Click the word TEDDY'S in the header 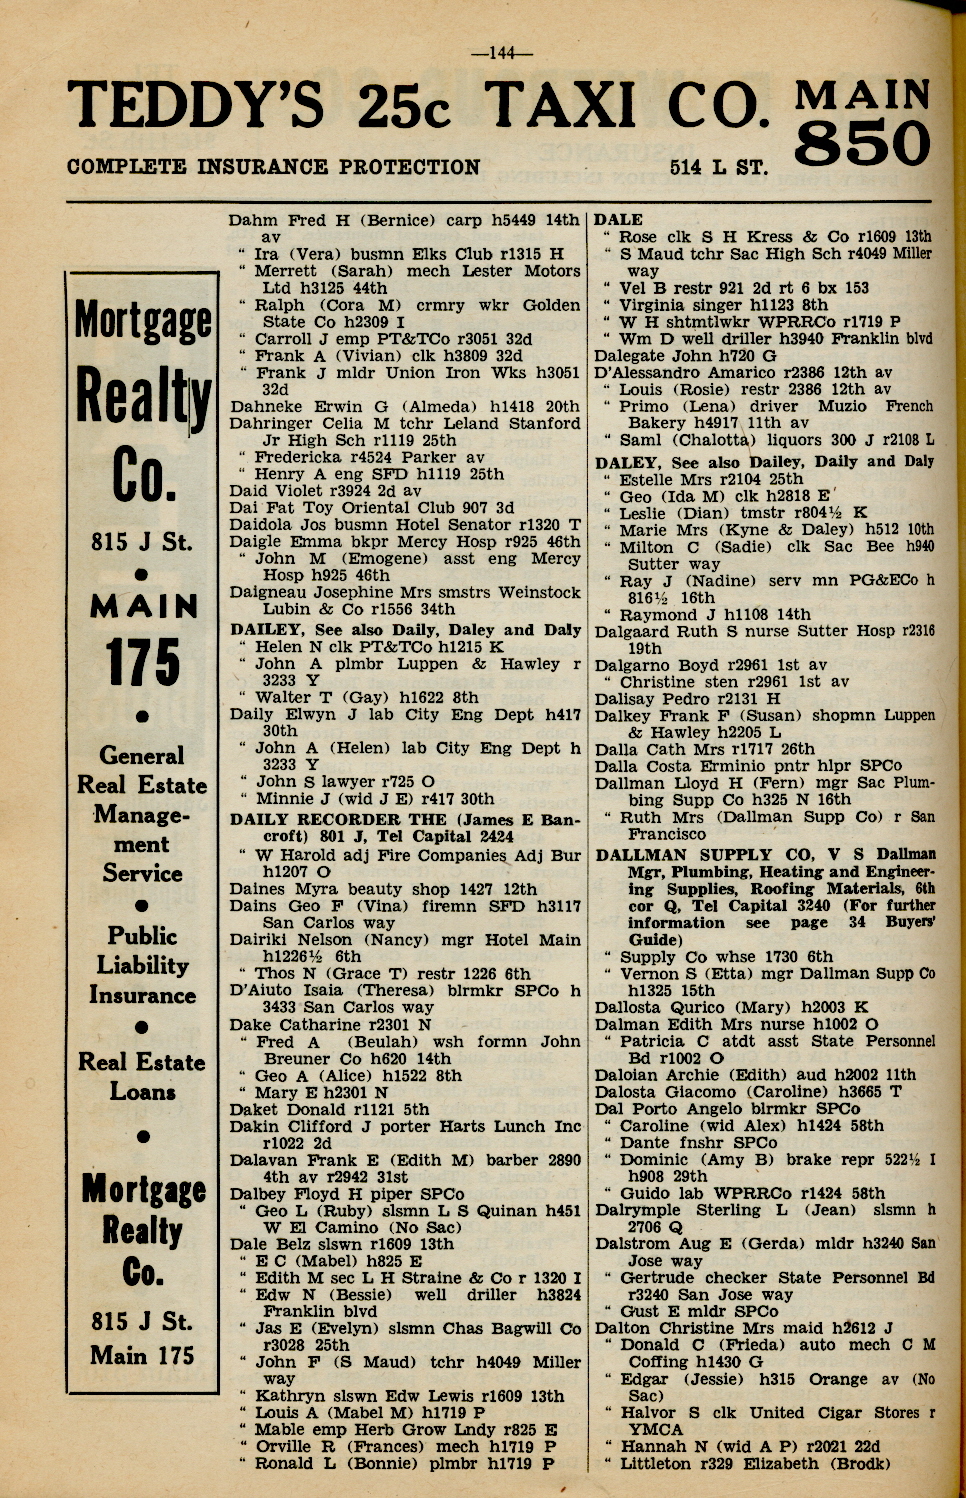196,106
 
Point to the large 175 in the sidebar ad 143,662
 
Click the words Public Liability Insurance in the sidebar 142,965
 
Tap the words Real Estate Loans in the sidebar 142,1076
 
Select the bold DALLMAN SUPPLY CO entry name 705,855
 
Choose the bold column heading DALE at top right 619,220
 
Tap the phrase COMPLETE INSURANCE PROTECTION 273,167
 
